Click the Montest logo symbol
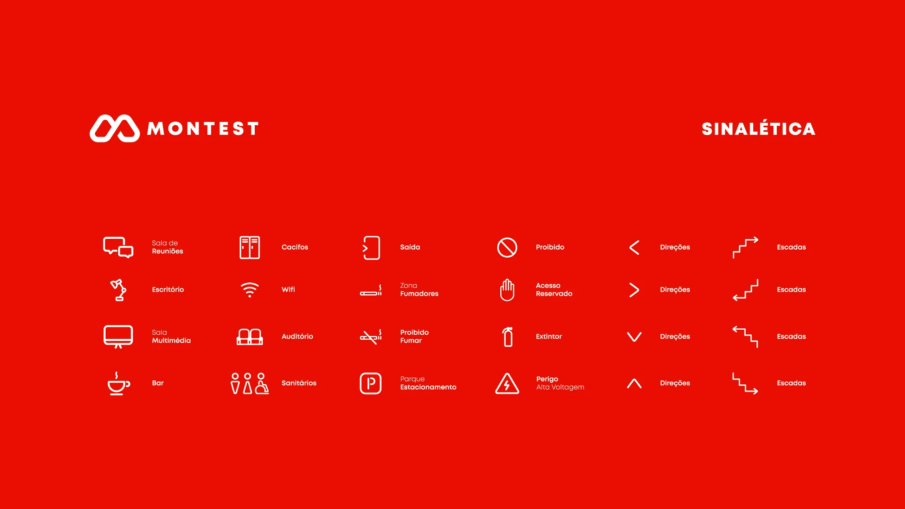115,129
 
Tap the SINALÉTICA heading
758,128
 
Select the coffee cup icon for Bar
118,384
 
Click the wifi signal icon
250,289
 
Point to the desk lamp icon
119,290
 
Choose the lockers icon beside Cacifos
250,247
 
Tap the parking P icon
371,383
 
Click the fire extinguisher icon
508,337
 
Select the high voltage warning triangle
507,384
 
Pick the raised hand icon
507,290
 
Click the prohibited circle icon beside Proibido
507,248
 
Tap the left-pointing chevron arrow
634,248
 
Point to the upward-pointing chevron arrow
634,383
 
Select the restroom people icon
250,383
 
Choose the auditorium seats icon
250,337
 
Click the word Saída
410,247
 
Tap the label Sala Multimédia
171,336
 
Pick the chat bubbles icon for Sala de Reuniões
118,247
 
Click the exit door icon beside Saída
371,248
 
